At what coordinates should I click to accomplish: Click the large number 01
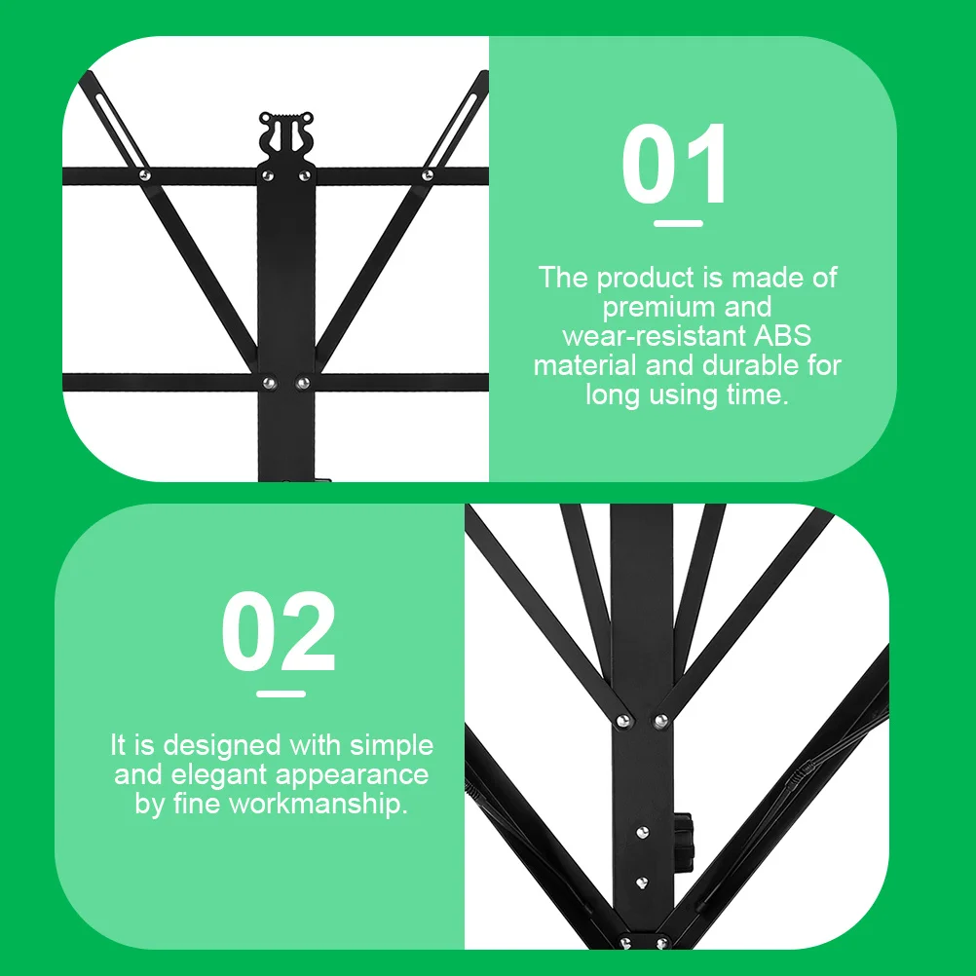coord(676,166)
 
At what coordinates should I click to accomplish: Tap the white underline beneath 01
coord(678,223)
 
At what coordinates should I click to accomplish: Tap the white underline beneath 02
coord(281,694)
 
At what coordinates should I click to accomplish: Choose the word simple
coord(390,746)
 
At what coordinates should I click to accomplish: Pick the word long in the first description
coord(612,395)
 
